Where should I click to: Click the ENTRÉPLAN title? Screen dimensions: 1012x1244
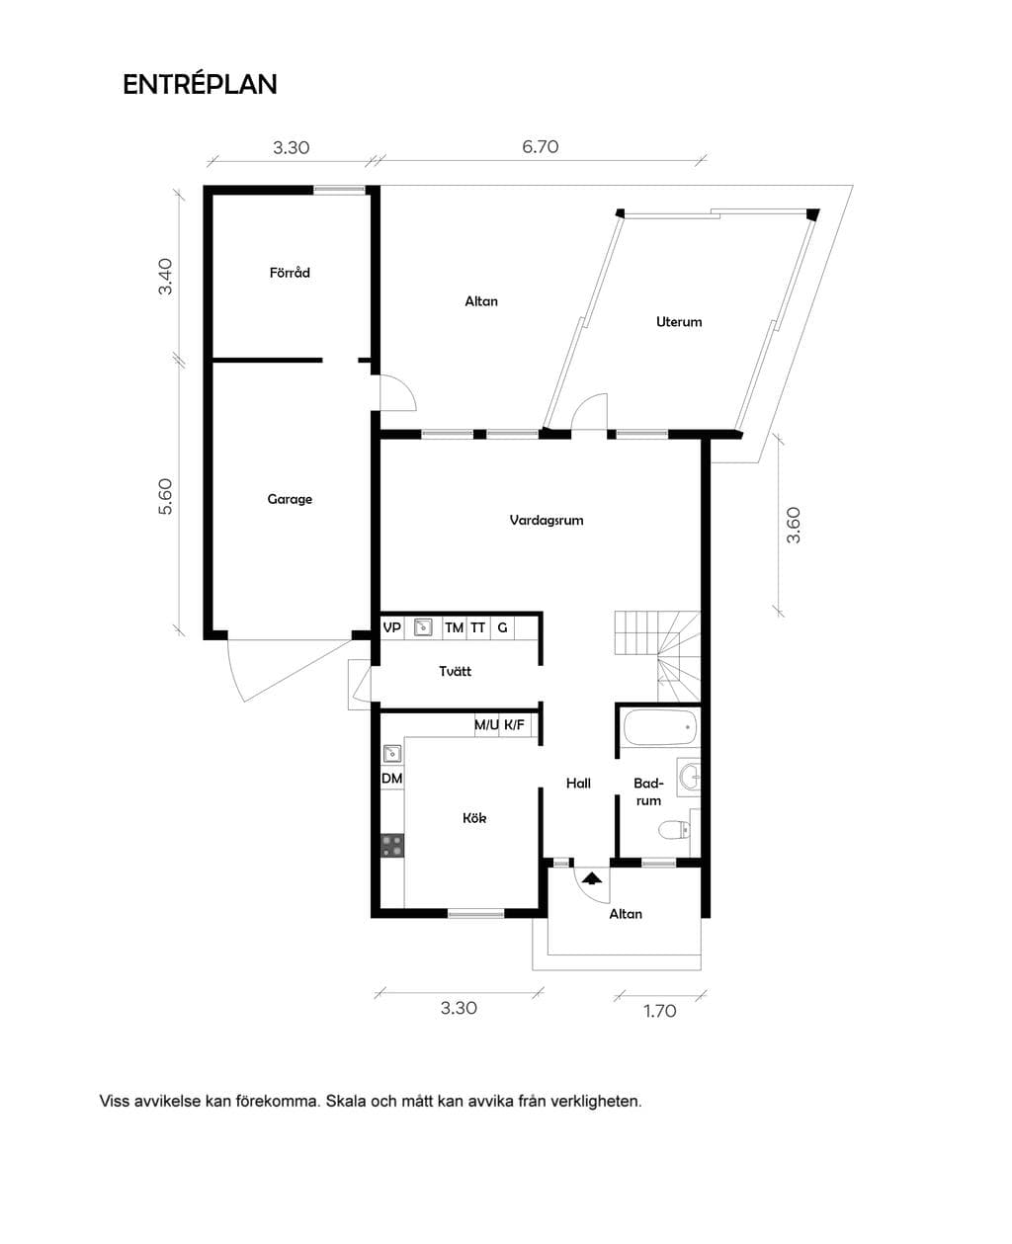coord(200,85)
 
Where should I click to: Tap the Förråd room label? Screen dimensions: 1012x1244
coord(290,273)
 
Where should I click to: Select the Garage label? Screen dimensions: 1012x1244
coord(290,499)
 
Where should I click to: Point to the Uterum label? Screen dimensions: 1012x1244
coord(679,322)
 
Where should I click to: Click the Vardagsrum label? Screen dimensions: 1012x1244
coord(547,521)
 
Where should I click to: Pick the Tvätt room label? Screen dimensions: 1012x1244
coord(455,671)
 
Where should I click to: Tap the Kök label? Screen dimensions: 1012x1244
coord(474,818)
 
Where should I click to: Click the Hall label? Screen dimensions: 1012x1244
coord(578,784)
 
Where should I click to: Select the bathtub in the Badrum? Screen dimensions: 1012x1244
coord(659,727)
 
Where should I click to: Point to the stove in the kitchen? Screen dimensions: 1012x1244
coord(392,846)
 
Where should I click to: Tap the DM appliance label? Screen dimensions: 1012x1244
coord(391,779)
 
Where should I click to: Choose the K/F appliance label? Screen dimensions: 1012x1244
coord(515,725)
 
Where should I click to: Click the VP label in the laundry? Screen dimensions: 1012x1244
coord(391,627)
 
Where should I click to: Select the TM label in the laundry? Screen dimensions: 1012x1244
coord(455,627)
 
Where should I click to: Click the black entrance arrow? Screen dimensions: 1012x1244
coord(592,878)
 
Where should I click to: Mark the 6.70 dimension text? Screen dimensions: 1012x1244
coord(541,146)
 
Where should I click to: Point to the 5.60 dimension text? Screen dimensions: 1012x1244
coord(166,496)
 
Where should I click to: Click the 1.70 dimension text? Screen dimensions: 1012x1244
coord(660,1011)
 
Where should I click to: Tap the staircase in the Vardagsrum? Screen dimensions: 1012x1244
coord(657,656)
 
